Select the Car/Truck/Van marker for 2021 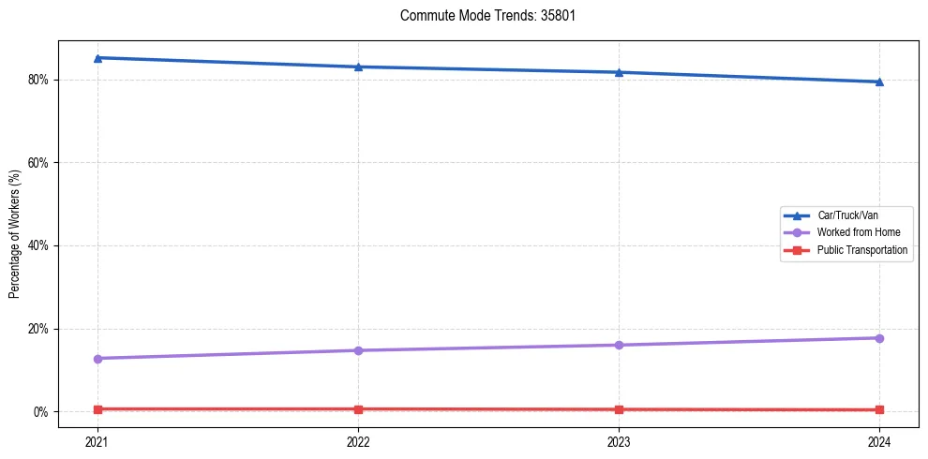pyautogui.click(x=97, y=58)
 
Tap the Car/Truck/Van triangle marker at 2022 pyautogui.click(x=358, y=67)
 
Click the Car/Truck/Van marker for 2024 pyautogui.click(x=879, y=81)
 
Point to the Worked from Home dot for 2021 pyautogui.click(x=97, y=359)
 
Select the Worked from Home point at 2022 pyautogui.click(x=358, y=350)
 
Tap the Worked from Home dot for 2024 pyautogui.click(x=879, y=338)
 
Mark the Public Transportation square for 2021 pyautogui.click(x=97, y=409)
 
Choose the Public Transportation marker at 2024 pyautogui.click(x=879, y=410)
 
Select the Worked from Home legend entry pyautogui.click(x=854, y=232)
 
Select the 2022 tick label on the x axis pyautogui.click(x=358, y=440)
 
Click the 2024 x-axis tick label pyautogui.click(x=879, y=440)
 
